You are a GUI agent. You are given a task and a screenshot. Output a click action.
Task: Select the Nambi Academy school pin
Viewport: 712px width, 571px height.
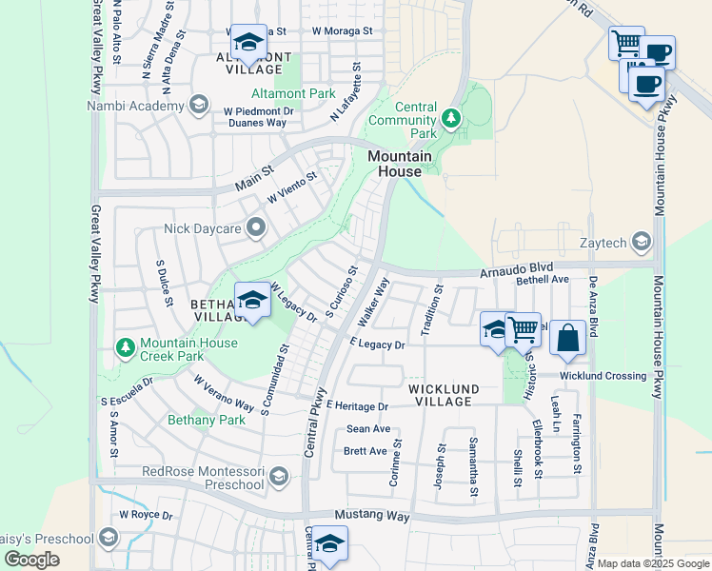point(198,105)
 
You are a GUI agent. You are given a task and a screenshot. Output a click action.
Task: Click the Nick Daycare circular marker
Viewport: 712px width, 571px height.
point(255,227)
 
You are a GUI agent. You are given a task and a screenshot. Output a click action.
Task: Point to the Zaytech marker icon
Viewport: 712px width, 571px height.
point(642,242)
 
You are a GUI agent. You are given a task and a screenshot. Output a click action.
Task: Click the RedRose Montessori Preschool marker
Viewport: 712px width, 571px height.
point(278,476)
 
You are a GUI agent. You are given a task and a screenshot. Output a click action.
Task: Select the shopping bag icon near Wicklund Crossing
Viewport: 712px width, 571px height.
point(567,338)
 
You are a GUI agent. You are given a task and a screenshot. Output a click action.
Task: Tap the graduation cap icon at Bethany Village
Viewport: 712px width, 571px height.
point(251,300)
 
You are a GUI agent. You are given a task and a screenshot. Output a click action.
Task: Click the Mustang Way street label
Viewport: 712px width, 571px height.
point(372,517)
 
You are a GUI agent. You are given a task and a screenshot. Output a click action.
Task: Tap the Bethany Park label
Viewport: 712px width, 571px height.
point(207,419)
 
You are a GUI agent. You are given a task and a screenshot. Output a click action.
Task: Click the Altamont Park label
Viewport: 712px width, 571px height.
point(293,93)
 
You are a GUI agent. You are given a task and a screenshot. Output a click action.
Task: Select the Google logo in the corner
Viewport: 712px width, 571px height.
point(31,560)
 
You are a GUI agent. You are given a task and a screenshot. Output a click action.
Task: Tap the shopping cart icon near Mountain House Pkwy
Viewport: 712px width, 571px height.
point(626,42)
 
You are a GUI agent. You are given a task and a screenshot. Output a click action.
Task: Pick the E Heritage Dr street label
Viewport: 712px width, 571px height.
point(357,406)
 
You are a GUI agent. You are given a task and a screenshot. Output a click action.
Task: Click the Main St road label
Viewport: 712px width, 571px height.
point(254,171)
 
